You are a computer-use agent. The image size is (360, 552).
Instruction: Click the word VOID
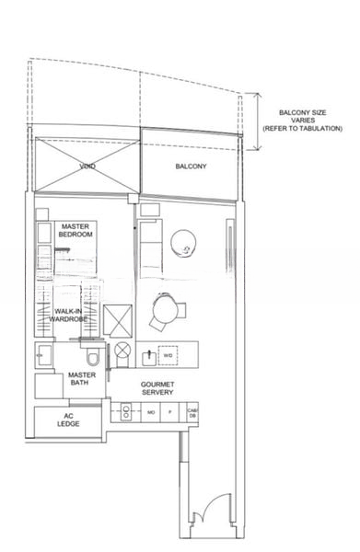[x=87, y=167]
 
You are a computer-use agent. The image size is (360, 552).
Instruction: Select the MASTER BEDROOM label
[x=75, y=230]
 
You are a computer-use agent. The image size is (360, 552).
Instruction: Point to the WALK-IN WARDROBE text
[x=71, y=316]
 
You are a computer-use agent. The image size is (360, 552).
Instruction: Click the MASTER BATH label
[x=83, y=380]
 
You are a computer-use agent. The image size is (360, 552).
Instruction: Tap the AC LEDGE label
[x=67, y=420]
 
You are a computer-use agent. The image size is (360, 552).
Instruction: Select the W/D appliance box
[x=168, y=354]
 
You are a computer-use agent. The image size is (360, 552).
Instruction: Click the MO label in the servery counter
[x=150, y=414]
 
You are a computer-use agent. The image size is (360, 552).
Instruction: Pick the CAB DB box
[x=192, y=413]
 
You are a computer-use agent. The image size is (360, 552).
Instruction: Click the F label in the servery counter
[x=170, y=414]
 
